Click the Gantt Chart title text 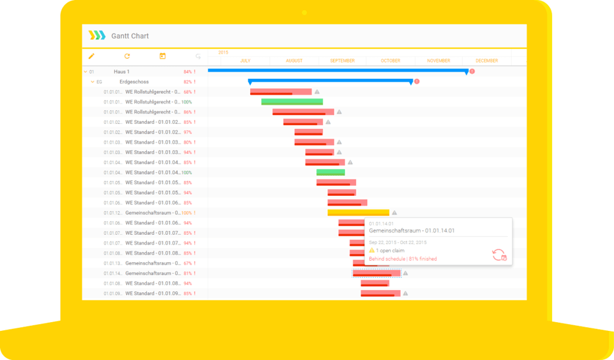[x=130, y=36]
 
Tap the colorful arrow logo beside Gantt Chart [x=97, y=35]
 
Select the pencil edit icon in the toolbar [x=92, y=56]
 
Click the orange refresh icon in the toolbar [x=128, y=56]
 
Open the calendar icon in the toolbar [x=162, y=56]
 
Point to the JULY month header [x=245, y=61]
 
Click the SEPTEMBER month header [x=342, y=61]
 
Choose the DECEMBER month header [x=486, y=61]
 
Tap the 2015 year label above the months [x=223, y=53]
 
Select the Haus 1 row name [x=121, y=72]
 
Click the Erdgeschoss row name [x=134, y=82]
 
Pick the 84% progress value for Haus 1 [x=188, y=72]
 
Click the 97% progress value [x=188, y=132]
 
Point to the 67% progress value [x=188, y=263]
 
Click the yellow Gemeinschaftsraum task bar [x=358, y=213]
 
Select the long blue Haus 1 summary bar [x=338, y=71]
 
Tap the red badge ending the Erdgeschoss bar [x=416, y=81]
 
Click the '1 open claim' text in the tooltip [x=390, y=250]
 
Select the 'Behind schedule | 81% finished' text [x=403, y=259]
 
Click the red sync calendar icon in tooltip [x=499, y=255]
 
